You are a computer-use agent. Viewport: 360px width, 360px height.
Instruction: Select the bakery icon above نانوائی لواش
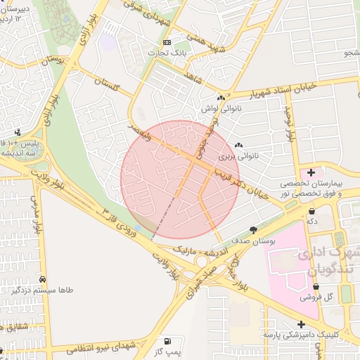pos(221,98)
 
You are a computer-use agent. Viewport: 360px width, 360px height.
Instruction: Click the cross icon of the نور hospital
pos(311,172)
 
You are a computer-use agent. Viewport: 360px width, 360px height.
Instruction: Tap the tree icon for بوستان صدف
pos(253,229)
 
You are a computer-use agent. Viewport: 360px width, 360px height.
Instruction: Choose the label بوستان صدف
pos(256,240)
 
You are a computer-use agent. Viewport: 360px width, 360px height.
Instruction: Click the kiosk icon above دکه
pos(311,210)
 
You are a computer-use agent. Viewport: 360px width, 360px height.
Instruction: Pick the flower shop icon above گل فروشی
pos(316,287)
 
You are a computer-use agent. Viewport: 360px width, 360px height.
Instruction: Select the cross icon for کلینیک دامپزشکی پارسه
pos(302,325)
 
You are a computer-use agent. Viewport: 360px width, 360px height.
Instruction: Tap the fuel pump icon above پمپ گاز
pos(167,340)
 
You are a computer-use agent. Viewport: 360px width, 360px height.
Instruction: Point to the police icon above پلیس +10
pos(18,132)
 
